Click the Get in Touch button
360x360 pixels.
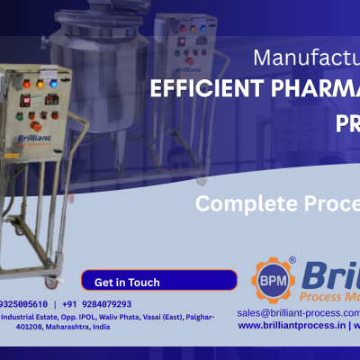point(127,282)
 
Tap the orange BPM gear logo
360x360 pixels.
point(272,280)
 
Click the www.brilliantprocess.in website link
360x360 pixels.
point(292,326)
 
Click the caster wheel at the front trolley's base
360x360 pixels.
point(52,282)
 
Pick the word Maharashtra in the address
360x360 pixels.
point(60,328)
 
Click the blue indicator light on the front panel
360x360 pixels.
point(52,85)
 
